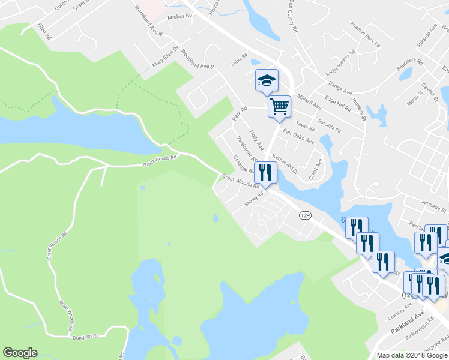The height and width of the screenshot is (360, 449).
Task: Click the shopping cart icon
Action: pos(279,107)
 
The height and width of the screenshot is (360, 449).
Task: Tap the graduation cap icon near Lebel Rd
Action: pos(267,80)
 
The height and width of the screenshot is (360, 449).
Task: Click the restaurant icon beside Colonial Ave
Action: pos(265,172)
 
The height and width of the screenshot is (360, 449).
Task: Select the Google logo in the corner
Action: pos(20,353)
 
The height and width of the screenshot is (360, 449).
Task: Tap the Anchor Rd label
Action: pos(179,17)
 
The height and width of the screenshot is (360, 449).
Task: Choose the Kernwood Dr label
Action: pos(285,163)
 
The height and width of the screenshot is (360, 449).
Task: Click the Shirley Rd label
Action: pos(254,199)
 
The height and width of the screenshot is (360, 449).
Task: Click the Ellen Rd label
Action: pos(44,31)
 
